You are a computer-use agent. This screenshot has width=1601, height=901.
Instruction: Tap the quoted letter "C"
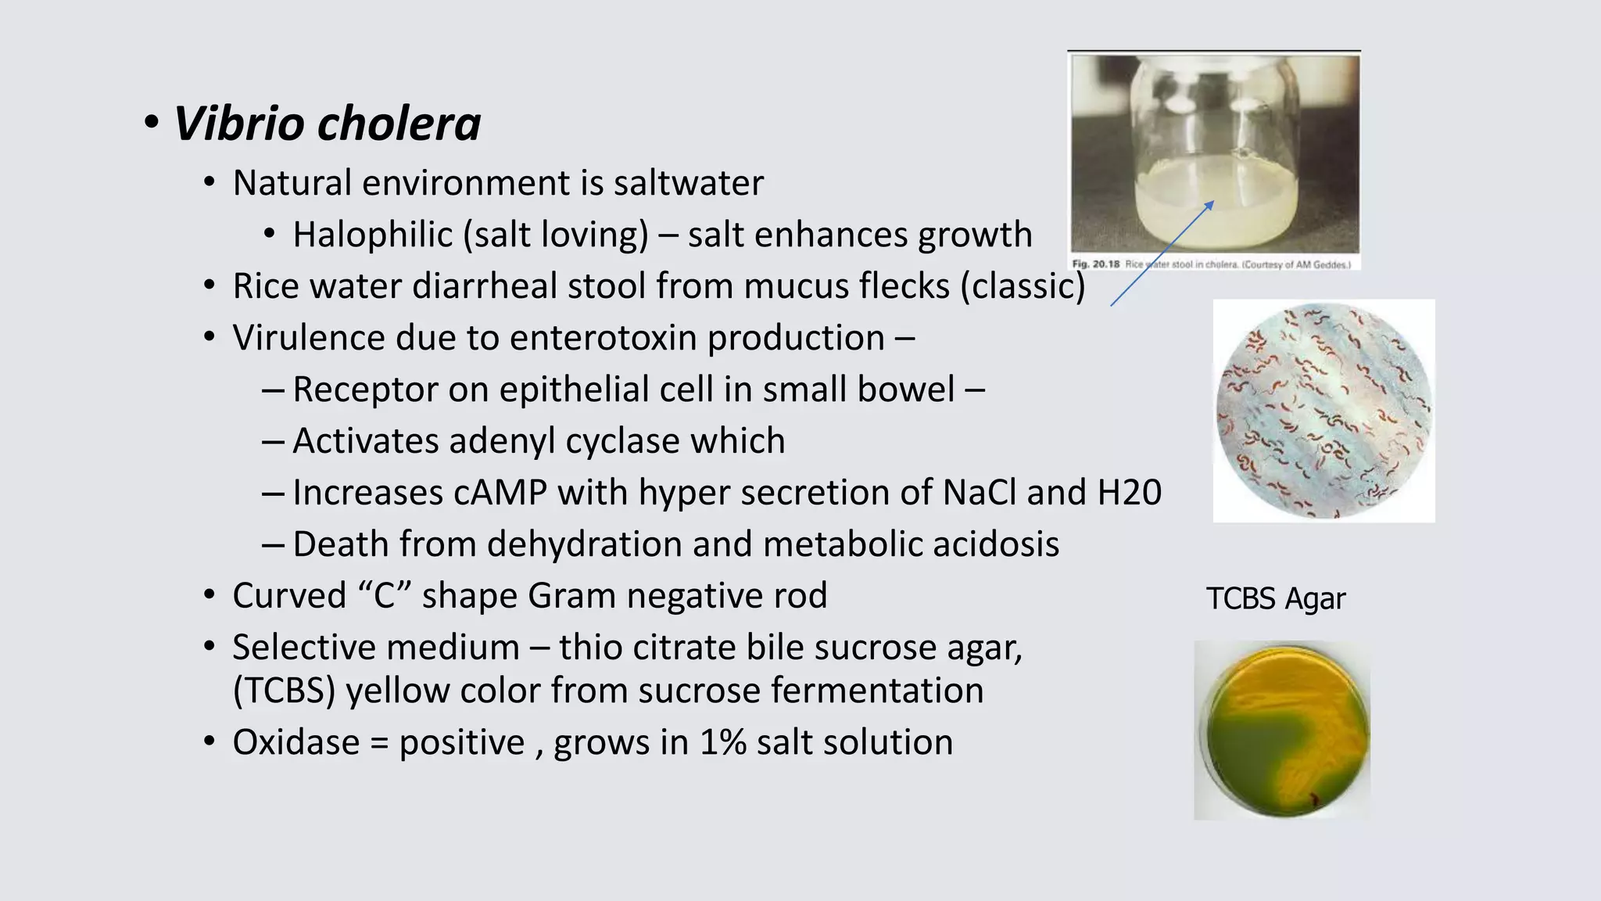(385, 596)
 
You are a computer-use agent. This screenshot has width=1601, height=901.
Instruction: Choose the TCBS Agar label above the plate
(1275, 599)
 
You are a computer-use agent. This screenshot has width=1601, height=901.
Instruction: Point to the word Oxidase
(295, 743)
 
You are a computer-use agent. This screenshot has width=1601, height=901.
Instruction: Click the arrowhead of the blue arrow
(1210, 204)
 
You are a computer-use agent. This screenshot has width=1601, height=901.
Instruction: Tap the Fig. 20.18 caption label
(1096, 264)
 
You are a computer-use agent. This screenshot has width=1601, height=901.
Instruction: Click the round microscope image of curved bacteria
(1323, 411)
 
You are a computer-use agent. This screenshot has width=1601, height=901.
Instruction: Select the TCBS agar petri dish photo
(1282, 730)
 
